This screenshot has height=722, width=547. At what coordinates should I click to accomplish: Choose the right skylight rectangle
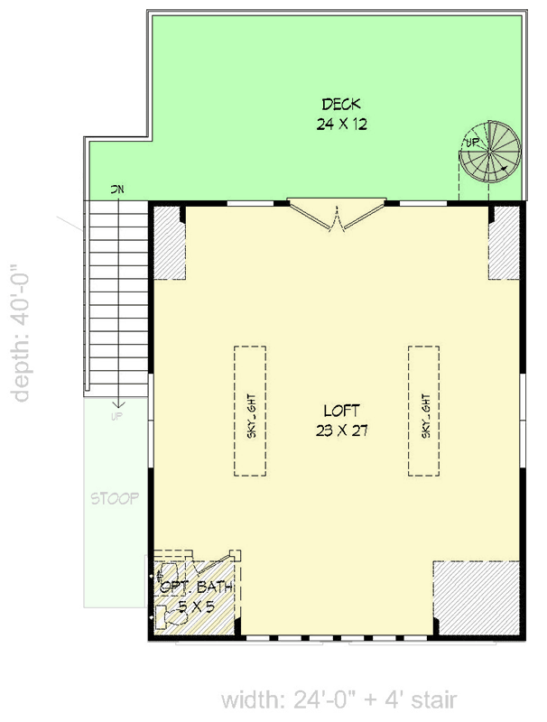pos(424,412)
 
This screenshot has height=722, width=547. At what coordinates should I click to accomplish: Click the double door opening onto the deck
pos(336,215)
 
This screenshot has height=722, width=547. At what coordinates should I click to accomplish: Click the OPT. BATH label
pos(197,588)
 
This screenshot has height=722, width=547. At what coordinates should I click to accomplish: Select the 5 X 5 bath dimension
pos(195,606)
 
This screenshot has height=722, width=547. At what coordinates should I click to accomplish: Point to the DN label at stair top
pos(116,190)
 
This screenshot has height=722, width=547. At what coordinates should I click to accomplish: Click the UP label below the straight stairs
pos(116,417)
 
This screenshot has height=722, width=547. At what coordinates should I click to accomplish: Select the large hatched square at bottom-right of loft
pos(476,597)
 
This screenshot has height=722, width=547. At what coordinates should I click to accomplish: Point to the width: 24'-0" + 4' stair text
pos(338,699)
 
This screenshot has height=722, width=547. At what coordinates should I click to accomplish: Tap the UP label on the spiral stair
pos(471,142)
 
